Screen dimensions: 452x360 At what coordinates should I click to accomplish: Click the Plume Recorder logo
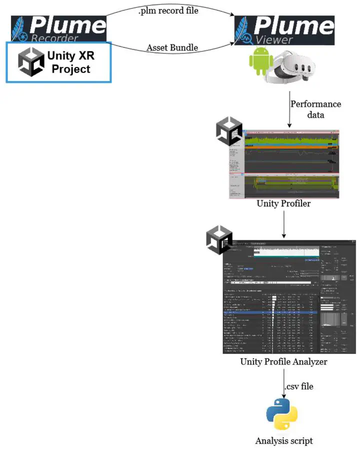click(58, 28)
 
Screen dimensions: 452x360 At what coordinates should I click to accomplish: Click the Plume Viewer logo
click(284, 29)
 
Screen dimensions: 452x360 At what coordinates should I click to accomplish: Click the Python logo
click(282, 414)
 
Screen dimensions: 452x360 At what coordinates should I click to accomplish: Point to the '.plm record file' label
click(168, 10)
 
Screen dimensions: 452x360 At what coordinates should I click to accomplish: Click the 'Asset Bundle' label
click(172, 48)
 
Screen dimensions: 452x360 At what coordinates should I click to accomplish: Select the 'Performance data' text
click(315, 109)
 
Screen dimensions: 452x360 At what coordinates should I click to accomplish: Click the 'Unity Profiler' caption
click(283, 204)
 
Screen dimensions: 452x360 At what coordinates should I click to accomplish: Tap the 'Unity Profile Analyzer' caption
click(283, 361)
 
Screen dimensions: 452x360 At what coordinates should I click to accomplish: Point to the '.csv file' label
click(299, 386)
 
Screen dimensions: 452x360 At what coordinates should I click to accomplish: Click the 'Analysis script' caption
click(283, 441)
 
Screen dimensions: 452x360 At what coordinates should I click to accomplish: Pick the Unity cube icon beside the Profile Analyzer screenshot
click(219, 239)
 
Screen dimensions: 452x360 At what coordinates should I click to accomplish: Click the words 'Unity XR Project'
click(71, 62)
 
